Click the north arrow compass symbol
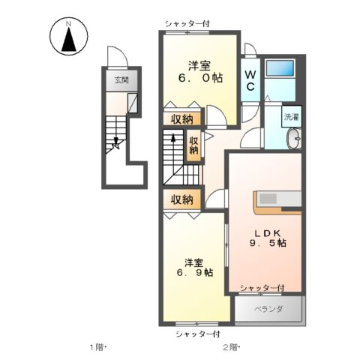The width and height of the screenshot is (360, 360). click(69, 36)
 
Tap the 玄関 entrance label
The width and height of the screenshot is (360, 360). click(121, 80)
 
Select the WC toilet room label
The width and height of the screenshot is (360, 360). click(250, 80)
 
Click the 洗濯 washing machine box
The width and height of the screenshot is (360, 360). click(292, 116)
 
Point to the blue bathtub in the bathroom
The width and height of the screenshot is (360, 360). click(280, 68)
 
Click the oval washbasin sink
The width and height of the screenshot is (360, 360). click(295, 139)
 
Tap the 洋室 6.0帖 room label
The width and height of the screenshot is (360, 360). click(200, 72)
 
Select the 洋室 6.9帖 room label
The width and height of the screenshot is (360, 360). click(195, 268)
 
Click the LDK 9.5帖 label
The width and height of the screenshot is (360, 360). click(268, 238)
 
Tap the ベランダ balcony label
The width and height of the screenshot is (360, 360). click(268, 310)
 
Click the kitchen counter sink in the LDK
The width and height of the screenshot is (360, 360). click(268, 199)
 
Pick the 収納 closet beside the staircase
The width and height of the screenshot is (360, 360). click(193, 145)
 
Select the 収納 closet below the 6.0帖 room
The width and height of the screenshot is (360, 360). click(182, 119)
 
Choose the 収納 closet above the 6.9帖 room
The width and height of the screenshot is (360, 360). click(182, 199)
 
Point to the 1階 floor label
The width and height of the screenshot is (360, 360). click(97, 347)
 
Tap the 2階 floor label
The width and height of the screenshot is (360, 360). click(230, 347)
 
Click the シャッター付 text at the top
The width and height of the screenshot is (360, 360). click(187, 24)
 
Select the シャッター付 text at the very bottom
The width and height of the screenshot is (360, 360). click(197, 334)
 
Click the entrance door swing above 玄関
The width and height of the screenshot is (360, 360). click(118, 57)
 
